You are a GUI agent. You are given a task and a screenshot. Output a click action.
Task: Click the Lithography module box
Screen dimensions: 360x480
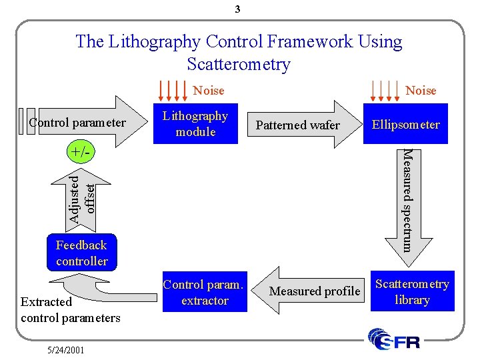[x=195, y=124]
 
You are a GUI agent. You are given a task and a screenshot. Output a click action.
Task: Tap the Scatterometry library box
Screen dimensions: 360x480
[x=411, y=292]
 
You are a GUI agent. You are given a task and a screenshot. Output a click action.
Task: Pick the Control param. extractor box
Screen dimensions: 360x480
[x=205, y=293]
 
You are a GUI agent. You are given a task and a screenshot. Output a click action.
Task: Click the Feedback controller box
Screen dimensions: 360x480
[x=81, y=253]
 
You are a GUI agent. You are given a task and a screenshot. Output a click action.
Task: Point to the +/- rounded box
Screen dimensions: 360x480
[x=80, y=152]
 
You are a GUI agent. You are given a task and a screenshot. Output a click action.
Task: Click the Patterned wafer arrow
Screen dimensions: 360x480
[x=300, y=125]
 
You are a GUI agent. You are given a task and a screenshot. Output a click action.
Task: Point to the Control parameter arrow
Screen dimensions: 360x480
[x=80, y=123]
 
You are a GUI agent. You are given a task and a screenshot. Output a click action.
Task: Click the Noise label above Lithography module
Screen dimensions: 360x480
[x=209, y=90]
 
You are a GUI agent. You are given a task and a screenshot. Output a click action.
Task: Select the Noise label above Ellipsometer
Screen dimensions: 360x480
[x=421, y=90]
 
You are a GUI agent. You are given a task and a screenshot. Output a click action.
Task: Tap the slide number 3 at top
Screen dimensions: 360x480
[x=238, y=9]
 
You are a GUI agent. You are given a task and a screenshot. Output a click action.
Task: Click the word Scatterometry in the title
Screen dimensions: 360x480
[x=239, y=65]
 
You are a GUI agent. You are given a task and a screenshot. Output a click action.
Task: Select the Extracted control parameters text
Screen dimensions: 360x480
[x=70, y=310]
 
